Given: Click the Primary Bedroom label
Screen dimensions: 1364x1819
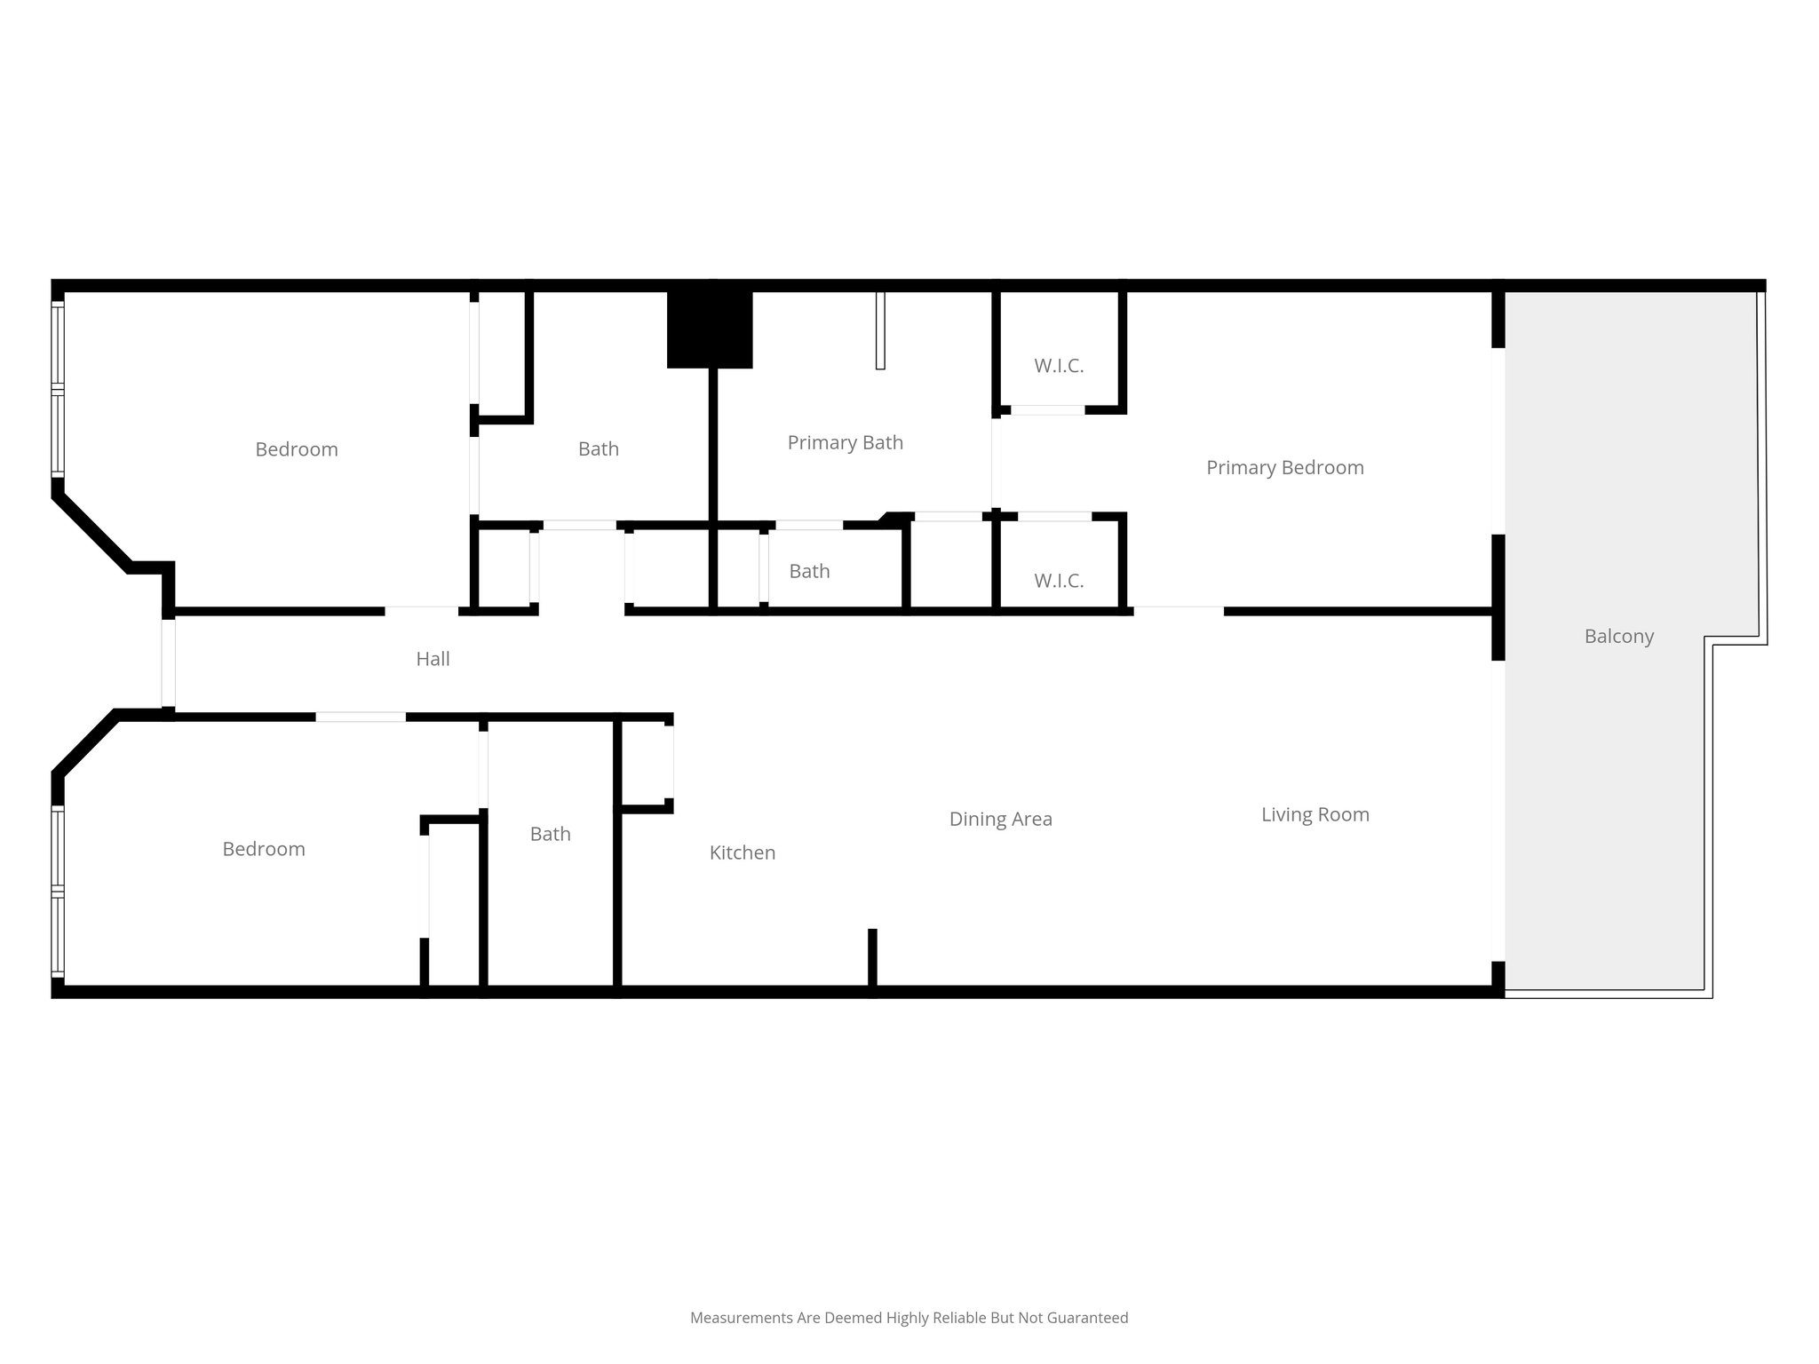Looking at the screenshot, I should coord(1284,467).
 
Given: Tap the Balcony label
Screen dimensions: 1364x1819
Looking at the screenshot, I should coord(1618,636).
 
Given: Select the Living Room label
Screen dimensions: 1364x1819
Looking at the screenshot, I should coord(1315,814).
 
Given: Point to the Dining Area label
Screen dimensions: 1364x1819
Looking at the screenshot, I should coord(1000,819).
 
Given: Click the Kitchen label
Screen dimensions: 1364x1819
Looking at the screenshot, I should coord(742,852).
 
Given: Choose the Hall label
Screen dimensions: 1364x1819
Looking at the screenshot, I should coord(433,659).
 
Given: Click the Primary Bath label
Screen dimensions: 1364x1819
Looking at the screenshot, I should coord(845,442).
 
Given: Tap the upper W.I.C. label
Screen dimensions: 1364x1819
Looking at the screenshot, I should coord(1058,366).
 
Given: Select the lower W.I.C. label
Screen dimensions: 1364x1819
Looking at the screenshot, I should coord(1058,581).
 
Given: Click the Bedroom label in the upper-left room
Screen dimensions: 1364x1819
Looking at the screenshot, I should coord(296,449).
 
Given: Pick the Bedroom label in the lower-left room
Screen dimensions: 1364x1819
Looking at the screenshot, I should coord(263,849).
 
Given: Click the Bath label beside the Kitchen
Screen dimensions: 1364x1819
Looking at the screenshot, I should coord(550,834).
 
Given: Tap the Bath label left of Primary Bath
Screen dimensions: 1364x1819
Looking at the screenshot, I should coord(598,449).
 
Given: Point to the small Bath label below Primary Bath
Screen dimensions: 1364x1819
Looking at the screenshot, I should coord(809,571).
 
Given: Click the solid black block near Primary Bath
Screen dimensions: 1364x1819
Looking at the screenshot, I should coord(710,329).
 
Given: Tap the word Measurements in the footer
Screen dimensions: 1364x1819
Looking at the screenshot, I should coord(741,1318).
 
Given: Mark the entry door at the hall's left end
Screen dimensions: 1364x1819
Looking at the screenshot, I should coord(168,662).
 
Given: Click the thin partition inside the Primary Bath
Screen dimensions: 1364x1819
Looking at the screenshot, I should coord(880,329).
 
